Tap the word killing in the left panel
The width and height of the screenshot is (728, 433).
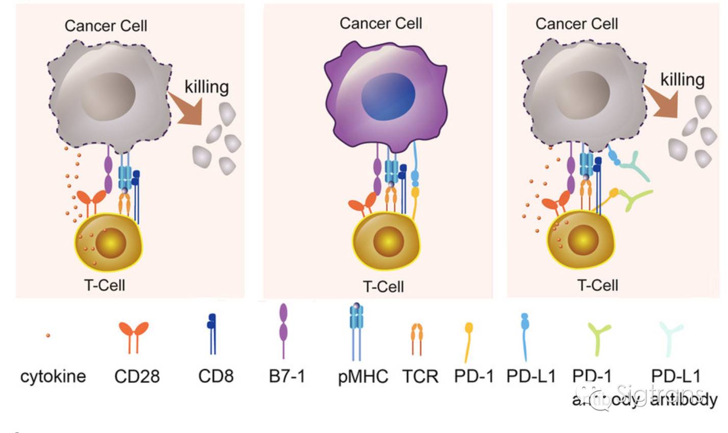pyautogui.click(x=206, y=87)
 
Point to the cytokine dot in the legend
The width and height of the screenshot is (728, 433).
pyautogui.click(x=48, y=335)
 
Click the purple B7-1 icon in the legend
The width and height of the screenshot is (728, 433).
pyautogui.click(x=284, y=329)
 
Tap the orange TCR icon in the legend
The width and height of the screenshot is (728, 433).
pyautogui.click(x=417, y=338)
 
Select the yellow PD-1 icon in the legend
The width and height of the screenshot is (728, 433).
pyautogui.click(x=468, y=340)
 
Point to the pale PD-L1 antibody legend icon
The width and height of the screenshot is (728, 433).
pyautogui.click(x=670, y=337)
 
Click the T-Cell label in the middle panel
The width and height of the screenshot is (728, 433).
pyautogui.click(x=383, y=286)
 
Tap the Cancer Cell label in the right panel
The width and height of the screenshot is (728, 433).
pyautogui.click(x=576, y=23)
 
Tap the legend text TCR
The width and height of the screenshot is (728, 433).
pyautogui.click(x=420, y=377)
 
